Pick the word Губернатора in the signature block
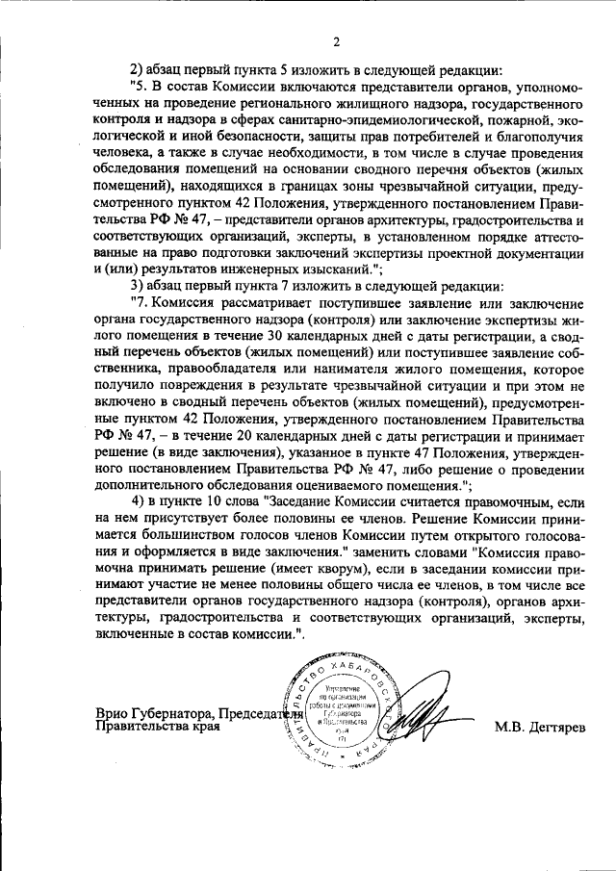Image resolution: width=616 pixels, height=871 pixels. click(174, 713)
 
